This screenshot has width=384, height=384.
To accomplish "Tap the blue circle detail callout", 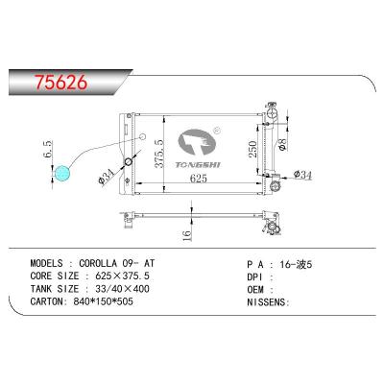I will pos(62,174).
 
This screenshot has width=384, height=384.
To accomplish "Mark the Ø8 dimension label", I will pos(284,145).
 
